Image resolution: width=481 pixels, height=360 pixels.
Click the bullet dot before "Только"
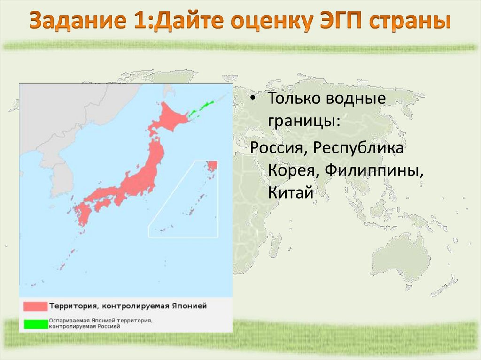[x=254, y=100]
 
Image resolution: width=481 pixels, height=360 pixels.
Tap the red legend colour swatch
[x=36, y=306]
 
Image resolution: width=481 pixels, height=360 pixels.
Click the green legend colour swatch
[x=36, y=323]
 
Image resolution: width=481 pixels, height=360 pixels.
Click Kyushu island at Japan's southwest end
[x=84, y=213]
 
